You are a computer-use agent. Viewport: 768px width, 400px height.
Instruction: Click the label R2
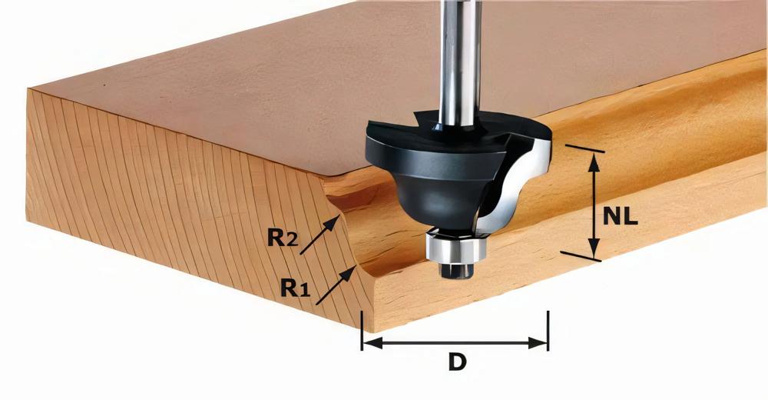tap(282, 238)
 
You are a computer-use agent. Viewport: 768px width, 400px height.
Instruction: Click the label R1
tap(295, 288)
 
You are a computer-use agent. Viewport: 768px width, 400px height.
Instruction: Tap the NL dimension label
tap(621, 216)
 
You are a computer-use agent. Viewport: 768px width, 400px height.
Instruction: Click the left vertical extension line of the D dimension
tap(362, 331)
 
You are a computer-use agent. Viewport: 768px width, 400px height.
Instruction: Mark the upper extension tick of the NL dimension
tap(584, 148)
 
